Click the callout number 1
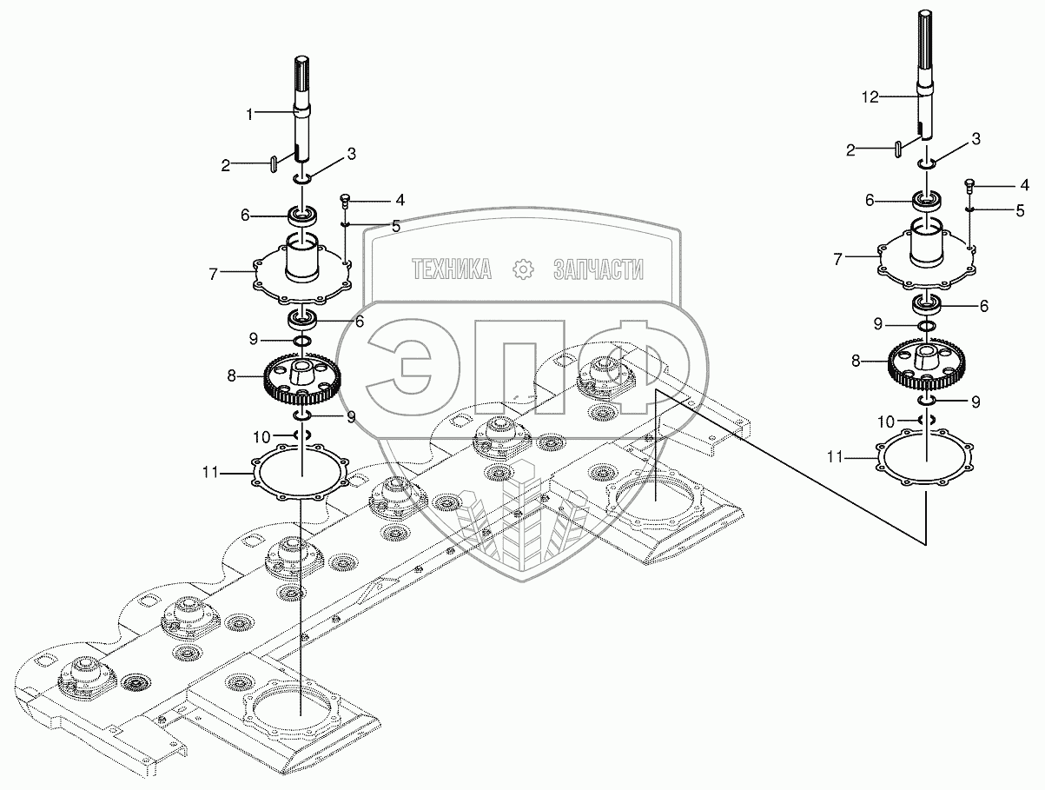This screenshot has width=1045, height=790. [249, 113]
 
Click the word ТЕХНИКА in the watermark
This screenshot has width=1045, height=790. [452, 269]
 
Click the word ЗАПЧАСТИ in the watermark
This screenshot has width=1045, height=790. [598, 269]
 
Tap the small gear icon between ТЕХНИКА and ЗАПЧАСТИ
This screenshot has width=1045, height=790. [523, 269]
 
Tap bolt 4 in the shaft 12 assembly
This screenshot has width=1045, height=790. [970, 184]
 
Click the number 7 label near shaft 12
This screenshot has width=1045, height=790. [837, 258]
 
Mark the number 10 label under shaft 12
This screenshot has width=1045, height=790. [885, 421]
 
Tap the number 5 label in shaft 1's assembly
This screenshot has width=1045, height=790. [395, 226]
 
